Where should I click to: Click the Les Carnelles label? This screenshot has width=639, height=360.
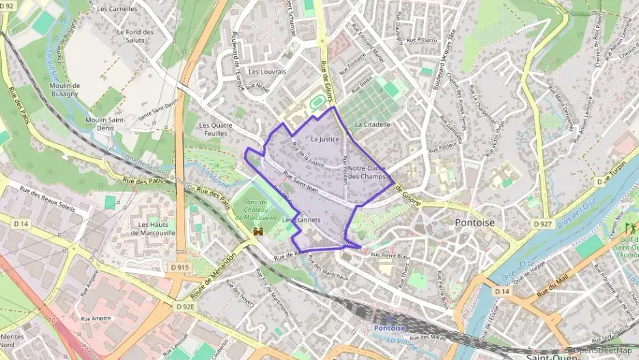click(x=117, y=10)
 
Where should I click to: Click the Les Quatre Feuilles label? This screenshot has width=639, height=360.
click(x=216, y=130)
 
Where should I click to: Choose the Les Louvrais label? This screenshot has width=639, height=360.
click(x=267, y=72)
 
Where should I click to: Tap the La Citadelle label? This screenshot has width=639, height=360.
click(x=372, y=125)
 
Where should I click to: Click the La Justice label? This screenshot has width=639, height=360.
click(x=324, y=139)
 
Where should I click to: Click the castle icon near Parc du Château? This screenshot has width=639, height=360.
click(x=258, y=233)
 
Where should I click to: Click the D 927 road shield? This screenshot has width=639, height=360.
click(x=543, y=225)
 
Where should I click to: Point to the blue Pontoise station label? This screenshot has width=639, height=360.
click(x=389, y=328)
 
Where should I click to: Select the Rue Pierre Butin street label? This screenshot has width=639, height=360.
click(x=390, y=255)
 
